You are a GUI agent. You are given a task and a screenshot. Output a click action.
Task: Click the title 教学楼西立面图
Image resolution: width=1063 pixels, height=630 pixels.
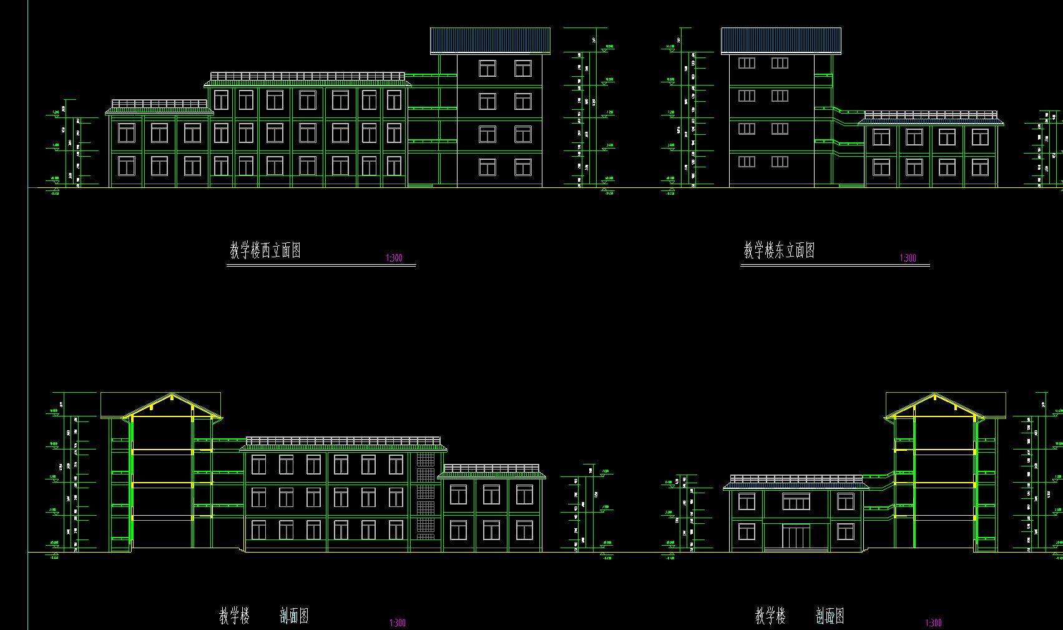tap(265, 251)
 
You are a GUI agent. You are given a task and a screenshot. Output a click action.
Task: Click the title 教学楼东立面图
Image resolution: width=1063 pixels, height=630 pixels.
tap(779, 251)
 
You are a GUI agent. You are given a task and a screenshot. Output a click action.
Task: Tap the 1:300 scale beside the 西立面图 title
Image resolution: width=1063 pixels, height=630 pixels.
tap(394, 258)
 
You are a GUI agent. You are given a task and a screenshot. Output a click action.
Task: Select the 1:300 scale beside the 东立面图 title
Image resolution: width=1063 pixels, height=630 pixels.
tap(908, 258)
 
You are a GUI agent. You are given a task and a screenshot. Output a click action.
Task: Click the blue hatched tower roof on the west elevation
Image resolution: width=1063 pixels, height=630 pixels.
tap(490, 41)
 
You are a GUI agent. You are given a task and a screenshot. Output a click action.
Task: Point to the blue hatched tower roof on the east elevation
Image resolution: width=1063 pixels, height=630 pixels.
tap(781, 41)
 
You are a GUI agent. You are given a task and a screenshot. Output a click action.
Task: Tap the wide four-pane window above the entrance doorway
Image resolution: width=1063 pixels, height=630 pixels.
tap(796, 501)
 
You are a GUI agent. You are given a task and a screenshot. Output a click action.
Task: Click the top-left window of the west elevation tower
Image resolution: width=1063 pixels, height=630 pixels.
tap(487, 68)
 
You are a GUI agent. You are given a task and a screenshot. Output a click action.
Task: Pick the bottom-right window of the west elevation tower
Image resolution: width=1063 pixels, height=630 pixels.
tap(522, 167)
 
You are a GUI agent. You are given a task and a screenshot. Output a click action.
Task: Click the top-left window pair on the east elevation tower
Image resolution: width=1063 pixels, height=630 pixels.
tap(747, 63)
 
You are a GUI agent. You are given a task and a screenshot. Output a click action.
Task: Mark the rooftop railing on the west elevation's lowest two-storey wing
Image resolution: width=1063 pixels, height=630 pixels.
tap(159, 104)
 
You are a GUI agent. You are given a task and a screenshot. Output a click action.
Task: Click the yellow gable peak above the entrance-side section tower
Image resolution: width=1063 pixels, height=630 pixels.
tap(934, 395)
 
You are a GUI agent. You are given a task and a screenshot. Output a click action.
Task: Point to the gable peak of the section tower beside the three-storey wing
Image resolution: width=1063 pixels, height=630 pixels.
tap(172, 395)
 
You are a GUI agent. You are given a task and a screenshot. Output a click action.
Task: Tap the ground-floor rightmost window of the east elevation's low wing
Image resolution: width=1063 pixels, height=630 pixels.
tap(980, 167)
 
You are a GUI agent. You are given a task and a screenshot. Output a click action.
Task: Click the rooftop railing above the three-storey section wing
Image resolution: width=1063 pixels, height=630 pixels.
tap(343, 441)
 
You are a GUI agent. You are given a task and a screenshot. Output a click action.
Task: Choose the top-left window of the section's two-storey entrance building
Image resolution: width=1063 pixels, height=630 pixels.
tap(747, 501)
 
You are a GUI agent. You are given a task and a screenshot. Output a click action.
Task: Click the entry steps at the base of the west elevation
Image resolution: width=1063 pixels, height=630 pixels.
tap(420, 185)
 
